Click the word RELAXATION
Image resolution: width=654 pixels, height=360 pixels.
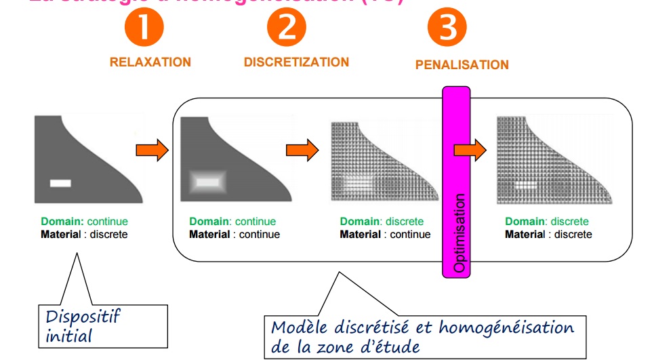(150, 62)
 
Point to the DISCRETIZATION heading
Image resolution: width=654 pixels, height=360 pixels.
(296, 62)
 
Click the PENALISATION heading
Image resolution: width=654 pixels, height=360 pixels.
(462, 65)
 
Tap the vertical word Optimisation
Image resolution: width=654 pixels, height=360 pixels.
(459, 234)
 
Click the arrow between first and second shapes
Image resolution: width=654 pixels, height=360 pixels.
(152, 150)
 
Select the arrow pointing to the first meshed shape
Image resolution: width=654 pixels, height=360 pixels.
(302, 150)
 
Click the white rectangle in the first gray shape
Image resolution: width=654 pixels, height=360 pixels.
(60, 182)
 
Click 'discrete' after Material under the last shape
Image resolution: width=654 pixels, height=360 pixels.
(573, 235)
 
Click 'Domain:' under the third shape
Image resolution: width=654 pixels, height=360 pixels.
(359, 222)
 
